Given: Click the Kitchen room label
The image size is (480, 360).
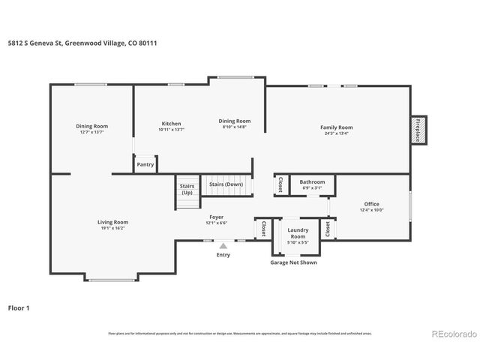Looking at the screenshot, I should coord(171,124).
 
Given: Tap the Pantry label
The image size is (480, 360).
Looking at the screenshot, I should coord(145,164).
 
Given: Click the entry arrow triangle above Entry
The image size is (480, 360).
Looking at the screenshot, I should coord(223,244).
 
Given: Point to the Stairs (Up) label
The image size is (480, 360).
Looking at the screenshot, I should coord(186,189).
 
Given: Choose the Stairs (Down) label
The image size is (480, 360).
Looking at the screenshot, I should coord(226,184).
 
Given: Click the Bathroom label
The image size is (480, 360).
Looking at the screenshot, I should coord(312,182).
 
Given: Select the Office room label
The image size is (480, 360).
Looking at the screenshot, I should coord(371,204).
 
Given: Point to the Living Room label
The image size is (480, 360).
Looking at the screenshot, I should coord(112,222).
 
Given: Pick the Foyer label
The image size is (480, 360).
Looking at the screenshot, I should coord(216,217).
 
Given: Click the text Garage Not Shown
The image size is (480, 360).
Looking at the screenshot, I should coord(293,263).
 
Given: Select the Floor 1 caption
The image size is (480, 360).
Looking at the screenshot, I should coord(19,307).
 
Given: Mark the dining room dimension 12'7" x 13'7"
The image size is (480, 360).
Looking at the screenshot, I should coord(91,132).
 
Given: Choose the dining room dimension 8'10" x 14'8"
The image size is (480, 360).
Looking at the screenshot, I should coord(235,127).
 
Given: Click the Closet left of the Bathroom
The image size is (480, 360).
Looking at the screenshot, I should coord(280,184).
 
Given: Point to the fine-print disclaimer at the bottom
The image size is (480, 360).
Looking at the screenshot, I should coord(239,333).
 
